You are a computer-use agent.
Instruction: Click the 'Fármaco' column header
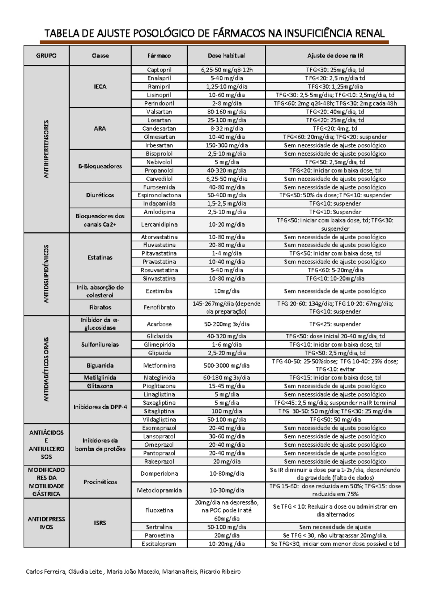coord(159,56)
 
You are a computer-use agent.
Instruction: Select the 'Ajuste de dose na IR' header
coord(335,56)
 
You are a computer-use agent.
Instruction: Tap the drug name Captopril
coord(159,70)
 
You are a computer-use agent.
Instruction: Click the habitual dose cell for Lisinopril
coord(227,95)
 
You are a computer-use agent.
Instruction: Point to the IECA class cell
coord(100,86)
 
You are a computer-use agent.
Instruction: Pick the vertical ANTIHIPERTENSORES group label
coord(46,149)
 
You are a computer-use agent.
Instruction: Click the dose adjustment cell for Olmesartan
coord(335,137)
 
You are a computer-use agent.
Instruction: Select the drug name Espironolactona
coord(159,195)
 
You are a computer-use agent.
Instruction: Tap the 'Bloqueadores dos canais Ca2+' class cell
coord(100,220)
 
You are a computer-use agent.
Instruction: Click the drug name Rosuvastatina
coord(159,270)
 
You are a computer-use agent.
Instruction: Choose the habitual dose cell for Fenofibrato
coord(227,308)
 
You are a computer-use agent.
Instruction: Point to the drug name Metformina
coord(159,365)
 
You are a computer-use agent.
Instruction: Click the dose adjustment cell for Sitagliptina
coord(335,411)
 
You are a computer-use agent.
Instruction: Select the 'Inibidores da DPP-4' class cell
coord(100,407)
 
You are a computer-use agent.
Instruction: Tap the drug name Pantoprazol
coord(159,453)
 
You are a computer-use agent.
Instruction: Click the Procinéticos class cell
coord(100,482)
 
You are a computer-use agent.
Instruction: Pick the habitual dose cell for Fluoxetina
coord(227,510)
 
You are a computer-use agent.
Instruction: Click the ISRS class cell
coord(100,523)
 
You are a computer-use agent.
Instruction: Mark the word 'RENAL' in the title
coord(370,34)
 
